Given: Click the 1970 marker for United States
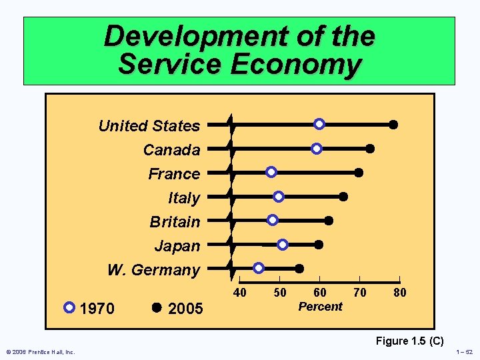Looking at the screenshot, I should pyautogui.click(x=319, y=125).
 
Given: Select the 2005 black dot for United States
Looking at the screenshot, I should pyautogui.click(x=393, y=125).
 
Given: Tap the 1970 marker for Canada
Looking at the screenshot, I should pyautogui.click(x=317, y=149).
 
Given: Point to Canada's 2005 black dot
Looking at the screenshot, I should pyautogui.click(x=370, y=149).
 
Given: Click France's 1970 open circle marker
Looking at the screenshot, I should pyautogui.click(x=271, y=172).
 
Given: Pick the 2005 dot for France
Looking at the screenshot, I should pyautogui.click(x=359, y=173).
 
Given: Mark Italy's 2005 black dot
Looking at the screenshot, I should pyautogui.click(x=343, y=196).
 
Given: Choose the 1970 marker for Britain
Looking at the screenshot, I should pyautogui.click(x=272, y=220).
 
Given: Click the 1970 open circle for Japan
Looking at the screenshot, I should pyautogui.click(x=283, y=245).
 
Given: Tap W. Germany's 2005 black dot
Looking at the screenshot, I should pyautogui.click(x=299, y=268).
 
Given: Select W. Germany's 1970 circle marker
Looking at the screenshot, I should pyautogui.click(x=259, y=268).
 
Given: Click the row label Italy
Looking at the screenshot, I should pyautogui.click(x=184, y=198).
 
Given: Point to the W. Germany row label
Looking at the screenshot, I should pyautogui.click(x=153, y=270).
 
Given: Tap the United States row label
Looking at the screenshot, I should pyautogui.click(x=149, y=126).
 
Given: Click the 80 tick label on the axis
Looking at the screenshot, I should pyautogui.click(x=399, y=293).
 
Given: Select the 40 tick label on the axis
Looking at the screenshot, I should pyautogui.click(x=240, y=293).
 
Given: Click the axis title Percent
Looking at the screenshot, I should pyautogui.click(x=320, y=307).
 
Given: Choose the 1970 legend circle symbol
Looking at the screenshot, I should pyautogui.click(x=69, y=308).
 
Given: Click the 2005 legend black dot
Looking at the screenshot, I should pyautogui.click(x=157, y=308).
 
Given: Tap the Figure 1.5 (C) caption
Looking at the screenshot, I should pyautogui.click(x=410, y=341).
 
